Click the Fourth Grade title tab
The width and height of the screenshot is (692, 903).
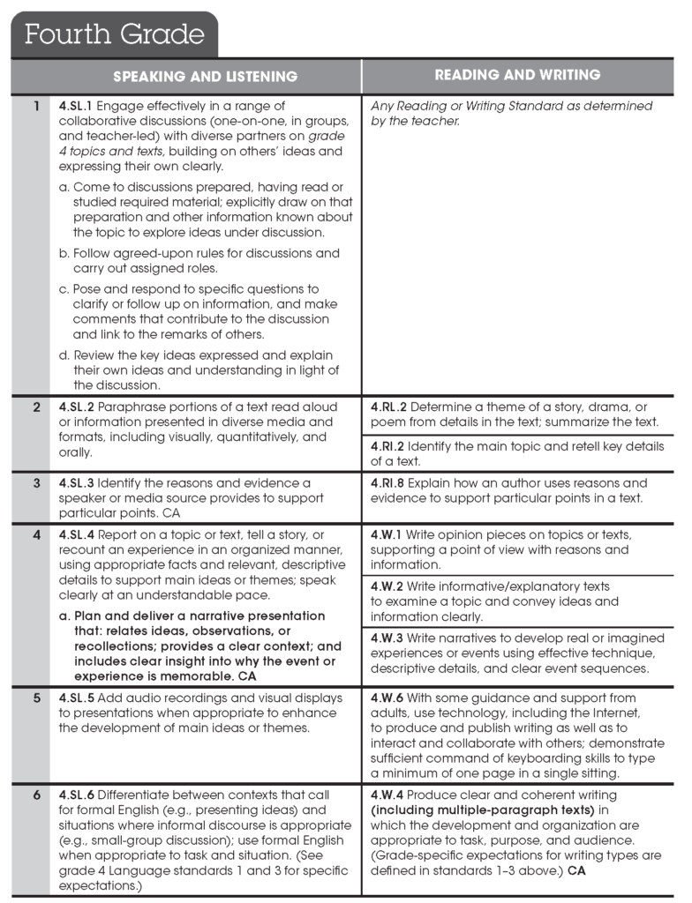click(114, 34)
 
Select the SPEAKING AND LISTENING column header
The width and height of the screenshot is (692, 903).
click(205, 77)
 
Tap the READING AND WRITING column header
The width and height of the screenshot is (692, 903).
click(518, 76)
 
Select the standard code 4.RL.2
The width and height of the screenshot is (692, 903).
click(388, 407)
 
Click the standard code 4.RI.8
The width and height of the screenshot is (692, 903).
click(387, 483)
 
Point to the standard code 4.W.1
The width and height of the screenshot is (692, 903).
click(386, 535)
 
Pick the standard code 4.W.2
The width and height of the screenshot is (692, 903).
click(387, 586)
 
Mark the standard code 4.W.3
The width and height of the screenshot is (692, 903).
click(387, 638)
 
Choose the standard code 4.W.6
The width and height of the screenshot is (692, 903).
click(387, 698)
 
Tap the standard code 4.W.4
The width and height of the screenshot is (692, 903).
click(387, 795)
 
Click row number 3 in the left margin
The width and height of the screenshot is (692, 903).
click(36, 483)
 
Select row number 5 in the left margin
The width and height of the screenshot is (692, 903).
click(36, 698)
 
